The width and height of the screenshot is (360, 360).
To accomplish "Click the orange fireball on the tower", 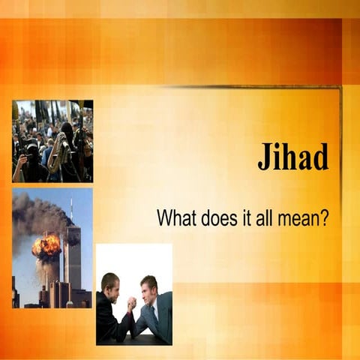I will click(x=46, y=245).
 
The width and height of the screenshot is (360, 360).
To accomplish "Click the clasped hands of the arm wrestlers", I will click(x=133, y=303).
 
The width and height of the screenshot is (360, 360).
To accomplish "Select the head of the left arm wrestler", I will click(x=110, y=285).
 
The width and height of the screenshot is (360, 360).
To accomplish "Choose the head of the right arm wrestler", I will click(x=149, y=286).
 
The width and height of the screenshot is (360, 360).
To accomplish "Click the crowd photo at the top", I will click(x=52, y=141).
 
